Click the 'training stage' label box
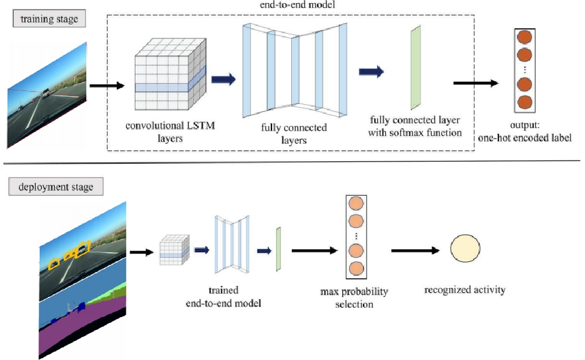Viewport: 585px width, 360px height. click(x=49, y=19)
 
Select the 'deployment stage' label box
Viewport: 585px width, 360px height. click(x=56, y=187)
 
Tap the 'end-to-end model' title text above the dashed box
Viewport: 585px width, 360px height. click(x=297, y=4)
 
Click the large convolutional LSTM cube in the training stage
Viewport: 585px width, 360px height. click(x=170, y=74)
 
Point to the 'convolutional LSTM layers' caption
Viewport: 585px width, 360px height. click(x=170, y=132)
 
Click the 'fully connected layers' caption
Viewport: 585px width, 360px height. click(x=294, y=134)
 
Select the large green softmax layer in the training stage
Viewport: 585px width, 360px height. click(x=416, y=67)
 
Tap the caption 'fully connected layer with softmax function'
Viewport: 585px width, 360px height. click(x=415, y=126)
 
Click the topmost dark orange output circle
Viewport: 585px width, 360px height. click(x=525, y=37)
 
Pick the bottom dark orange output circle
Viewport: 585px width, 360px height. click(x=525, y=102)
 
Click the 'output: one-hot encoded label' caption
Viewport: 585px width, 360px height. click(x=525, y=131)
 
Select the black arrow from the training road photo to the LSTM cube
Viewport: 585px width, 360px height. click(x=107, y=86)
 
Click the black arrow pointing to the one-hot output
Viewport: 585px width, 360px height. click(x=476, y=83)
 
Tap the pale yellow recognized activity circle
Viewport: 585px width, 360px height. click(x=465, y=248)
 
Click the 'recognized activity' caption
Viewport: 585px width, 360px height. click(x=465, y=290)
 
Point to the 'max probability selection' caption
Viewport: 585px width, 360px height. click(x=354, y=298)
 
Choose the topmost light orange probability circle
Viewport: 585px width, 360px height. click(x=356, y=203)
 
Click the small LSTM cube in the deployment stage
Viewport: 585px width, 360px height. click(x=175, y=250)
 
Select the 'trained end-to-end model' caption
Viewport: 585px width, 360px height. click(x=223, y=297)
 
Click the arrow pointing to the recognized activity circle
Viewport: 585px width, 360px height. click(x=415, y=250)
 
